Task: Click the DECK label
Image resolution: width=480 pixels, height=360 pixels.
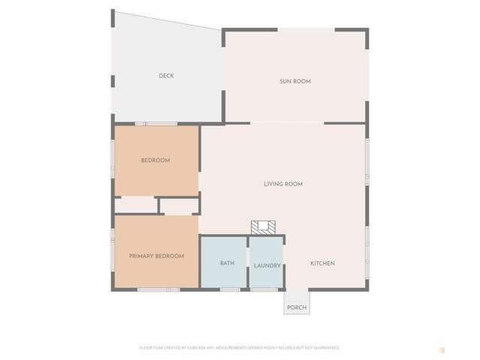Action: [166, 76]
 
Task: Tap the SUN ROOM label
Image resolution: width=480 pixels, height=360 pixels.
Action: [295, 81]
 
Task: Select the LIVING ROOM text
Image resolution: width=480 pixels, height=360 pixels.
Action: [283, 183]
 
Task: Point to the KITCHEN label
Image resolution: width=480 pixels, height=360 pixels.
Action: [323, 263]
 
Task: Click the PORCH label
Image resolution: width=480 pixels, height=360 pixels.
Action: [297, 307]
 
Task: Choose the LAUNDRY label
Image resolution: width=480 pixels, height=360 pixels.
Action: [267, 265]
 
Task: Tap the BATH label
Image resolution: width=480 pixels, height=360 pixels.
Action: [227, 263]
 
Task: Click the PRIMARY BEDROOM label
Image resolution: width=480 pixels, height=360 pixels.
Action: [156, 256]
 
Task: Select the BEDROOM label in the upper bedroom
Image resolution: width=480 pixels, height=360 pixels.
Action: [155, 160]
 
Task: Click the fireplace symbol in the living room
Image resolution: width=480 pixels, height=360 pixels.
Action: [264, 227]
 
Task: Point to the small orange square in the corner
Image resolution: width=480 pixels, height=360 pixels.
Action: [442, 349]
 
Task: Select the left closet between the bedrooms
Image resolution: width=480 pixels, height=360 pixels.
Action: [135, 204]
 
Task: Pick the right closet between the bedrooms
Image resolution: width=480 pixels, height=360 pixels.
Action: [179, 206]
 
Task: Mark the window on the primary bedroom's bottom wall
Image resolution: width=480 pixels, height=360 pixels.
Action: [158, 289]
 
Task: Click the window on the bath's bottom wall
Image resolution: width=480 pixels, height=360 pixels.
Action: [230, 289]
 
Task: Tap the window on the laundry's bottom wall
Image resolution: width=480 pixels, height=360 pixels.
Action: [264, 289]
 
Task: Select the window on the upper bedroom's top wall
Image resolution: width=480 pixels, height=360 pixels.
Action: [156, 123]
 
